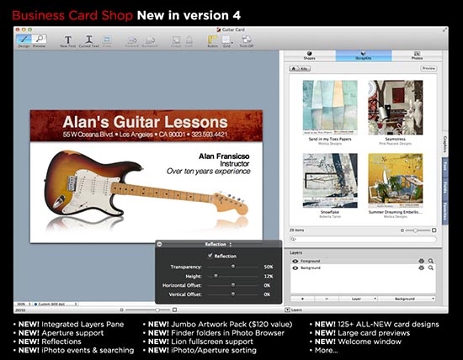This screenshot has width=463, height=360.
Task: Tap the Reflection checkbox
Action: [210, 256]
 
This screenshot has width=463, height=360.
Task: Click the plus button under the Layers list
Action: [302, 299]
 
